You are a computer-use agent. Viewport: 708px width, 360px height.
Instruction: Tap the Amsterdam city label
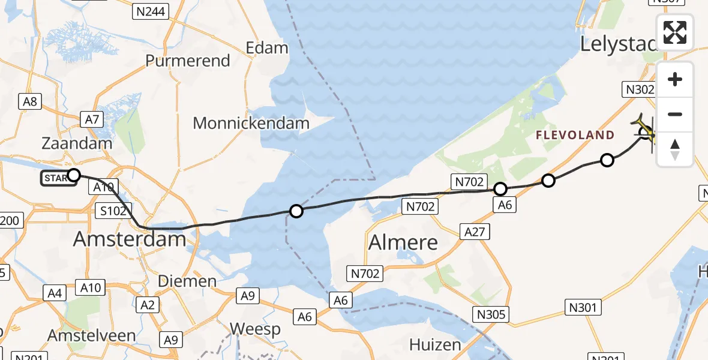130,239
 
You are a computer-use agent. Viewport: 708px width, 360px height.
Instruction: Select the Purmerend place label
188,61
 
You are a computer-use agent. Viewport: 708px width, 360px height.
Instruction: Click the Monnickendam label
251,124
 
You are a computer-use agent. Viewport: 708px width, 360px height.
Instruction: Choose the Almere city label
403,242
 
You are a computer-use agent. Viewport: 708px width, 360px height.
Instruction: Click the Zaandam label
77,143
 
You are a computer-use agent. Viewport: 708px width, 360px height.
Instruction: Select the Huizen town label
435,344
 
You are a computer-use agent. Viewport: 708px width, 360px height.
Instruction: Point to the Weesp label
255,329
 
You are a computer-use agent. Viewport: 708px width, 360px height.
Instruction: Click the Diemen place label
187,281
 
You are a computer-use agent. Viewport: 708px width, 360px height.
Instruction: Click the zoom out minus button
675,114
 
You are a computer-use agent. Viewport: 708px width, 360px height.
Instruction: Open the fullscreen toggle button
675,32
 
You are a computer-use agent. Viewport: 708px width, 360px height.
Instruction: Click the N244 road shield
152,11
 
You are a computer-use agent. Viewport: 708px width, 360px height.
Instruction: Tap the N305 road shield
490,314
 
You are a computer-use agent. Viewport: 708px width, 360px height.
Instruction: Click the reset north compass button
675,149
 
